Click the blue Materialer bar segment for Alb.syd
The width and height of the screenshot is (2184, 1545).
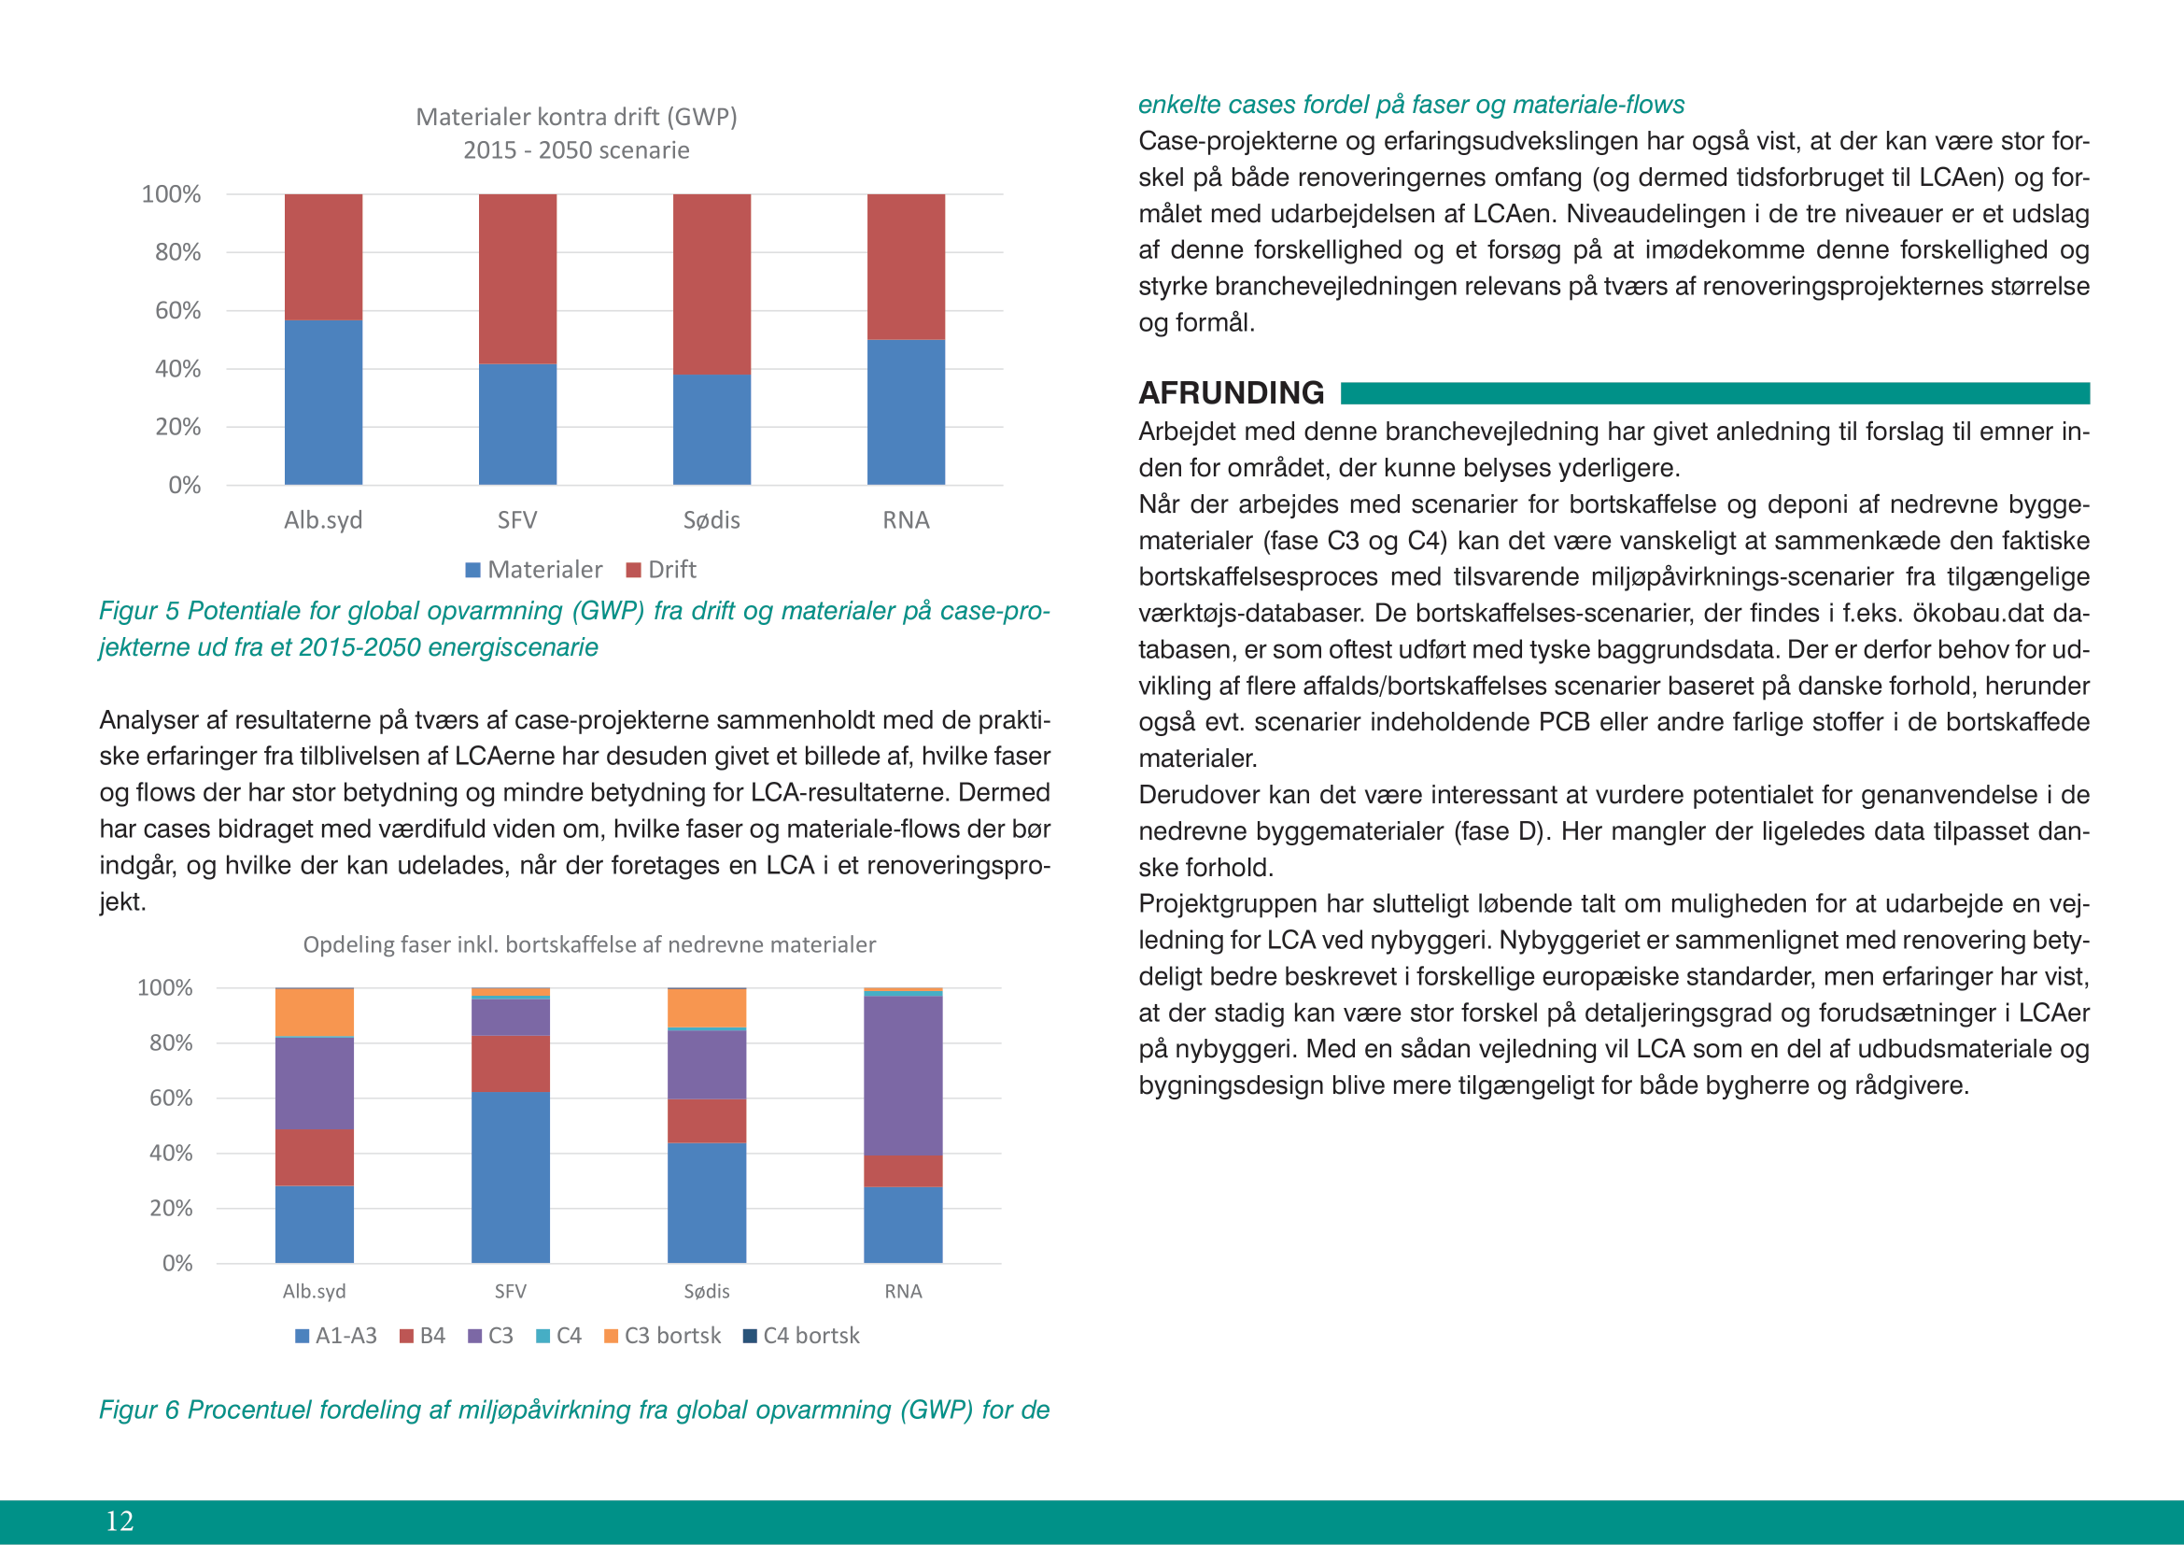click(x=323, y=403)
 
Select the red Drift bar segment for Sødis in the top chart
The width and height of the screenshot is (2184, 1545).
click(x=712, y=284)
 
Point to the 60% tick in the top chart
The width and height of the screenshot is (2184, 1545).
click(x=178, y=311)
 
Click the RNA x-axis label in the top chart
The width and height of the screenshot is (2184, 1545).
click(x=906, y=520)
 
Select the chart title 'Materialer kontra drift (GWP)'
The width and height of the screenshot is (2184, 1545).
click(x=576, y=117)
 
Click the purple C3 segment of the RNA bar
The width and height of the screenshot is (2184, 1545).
click(x=903, y=1076)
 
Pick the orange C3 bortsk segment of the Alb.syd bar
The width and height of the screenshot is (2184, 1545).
click(x=314, y=1013)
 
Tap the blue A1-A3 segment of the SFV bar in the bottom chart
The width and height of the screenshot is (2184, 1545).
click(x=511, y=1177)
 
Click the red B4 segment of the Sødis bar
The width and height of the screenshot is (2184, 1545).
click(x=707, y=1121)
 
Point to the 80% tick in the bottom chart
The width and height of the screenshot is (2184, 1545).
click(x=171, y=1043)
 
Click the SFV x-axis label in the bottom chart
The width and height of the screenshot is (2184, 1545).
click(x=511, y=1292)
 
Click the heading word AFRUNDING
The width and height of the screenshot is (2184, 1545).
click(x=1231, y=393)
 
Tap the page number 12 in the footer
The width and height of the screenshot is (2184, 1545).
click(x=120, y=1522)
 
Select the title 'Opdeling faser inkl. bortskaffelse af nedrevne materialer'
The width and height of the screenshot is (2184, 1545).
click(x=589, y=944)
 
